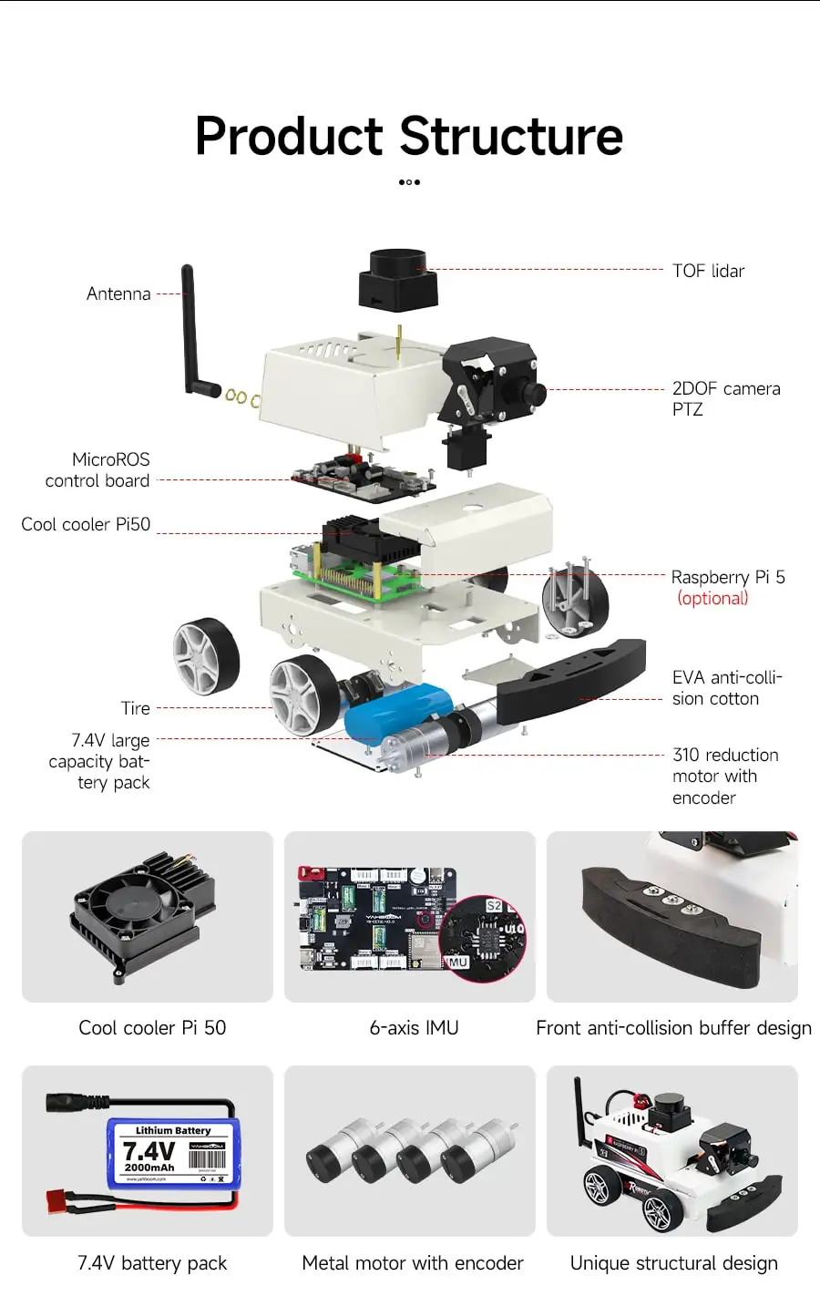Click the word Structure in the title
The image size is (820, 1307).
(x=511, y=137)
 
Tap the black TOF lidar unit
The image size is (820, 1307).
(x=398, y=279)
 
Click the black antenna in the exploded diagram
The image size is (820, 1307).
(x=190, y=328)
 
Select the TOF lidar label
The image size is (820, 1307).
(x=708, y=271)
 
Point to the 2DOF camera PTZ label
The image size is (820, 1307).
(x=725, y=398)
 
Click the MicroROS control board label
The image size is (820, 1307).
(x=98, y=470)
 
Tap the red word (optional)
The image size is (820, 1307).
(x=712, y=599)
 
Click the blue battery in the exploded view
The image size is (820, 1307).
(x=397, y=710)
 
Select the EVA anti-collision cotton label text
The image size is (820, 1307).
(x=726, y=688)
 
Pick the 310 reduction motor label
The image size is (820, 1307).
(x=724, y=776)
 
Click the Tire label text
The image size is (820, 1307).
(x=136, y=708)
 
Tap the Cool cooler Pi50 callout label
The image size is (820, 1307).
(x=86, y=524)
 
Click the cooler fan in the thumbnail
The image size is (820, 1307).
(x=133, y=904)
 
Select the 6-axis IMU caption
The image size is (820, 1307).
(x=414, y=1028)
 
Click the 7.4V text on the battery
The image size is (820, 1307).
(x=149, y=1151)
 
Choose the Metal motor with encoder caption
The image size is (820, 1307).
(x=413, y=1263)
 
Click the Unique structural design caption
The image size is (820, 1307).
(x=673, y=1263)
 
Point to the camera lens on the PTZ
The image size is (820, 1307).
(x=535, y=394)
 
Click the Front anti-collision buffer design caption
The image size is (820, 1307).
(x=673, y=1028)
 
